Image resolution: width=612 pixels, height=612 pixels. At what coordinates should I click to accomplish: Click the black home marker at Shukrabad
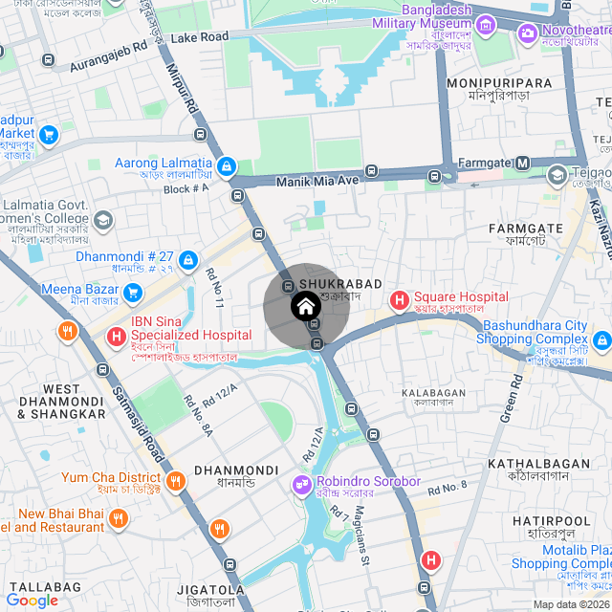tap(304, 307)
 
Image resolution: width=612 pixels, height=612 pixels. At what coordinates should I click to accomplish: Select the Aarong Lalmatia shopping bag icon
tap(227, 167)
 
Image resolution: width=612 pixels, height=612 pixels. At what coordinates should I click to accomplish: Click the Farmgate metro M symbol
tap(522, 164)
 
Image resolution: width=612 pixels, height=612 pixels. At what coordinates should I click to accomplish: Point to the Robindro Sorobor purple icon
tap(303, 484)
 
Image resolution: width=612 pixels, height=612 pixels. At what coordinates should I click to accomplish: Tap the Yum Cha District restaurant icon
tap(175, 480)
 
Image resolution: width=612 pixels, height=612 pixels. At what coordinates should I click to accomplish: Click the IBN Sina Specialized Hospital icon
tap(116, 337)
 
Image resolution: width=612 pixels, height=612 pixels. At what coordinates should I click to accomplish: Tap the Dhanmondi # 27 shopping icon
tap(188, 259)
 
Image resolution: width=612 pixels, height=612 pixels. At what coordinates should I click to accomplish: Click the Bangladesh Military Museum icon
tap(486, 25)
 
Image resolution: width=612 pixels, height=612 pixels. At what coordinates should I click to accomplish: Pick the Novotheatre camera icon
tap(527, 34)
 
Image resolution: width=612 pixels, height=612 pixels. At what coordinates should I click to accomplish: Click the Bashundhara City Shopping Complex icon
tap(601, 340)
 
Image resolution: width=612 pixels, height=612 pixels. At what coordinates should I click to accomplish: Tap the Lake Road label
tap(200, 37)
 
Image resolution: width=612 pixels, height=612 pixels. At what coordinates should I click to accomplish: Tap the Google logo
tap(32, 600)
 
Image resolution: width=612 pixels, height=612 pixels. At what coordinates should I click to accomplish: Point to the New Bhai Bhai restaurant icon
tap(119, 518)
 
